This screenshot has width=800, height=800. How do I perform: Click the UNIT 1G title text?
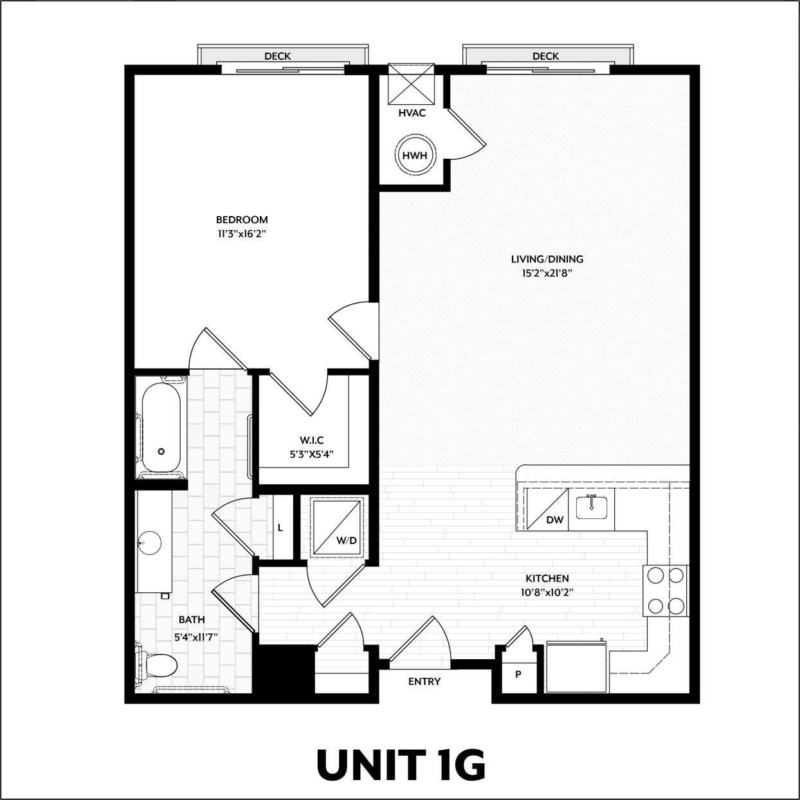[400, 765]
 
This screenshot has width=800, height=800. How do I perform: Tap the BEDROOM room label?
[242, 219]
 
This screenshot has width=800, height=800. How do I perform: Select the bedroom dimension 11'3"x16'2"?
[242, 234]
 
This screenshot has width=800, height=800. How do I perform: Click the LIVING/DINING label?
[547, 259]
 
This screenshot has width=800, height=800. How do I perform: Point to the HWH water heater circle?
[414, 156]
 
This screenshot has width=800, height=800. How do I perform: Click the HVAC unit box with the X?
[412, 84]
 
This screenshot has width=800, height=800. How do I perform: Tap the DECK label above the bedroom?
[277, 57]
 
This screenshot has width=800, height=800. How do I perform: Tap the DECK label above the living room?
[545, 57]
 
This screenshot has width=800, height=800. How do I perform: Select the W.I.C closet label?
[311, 441]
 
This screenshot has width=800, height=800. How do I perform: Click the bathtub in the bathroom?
[161, 428]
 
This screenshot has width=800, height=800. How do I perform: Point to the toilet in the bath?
[158, 666]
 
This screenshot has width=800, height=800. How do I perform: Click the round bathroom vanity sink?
[150, 542]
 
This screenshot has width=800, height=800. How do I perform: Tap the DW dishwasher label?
[554, 520]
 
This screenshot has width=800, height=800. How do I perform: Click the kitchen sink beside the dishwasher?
[592, 507]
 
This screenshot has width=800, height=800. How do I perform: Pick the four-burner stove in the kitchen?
[665, 591]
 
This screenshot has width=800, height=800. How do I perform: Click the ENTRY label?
[424, 682]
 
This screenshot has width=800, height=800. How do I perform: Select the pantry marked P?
[518, 675]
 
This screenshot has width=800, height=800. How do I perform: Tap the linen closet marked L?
[281, 528]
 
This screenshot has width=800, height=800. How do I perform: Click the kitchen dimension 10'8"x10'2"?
[547, 592]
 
